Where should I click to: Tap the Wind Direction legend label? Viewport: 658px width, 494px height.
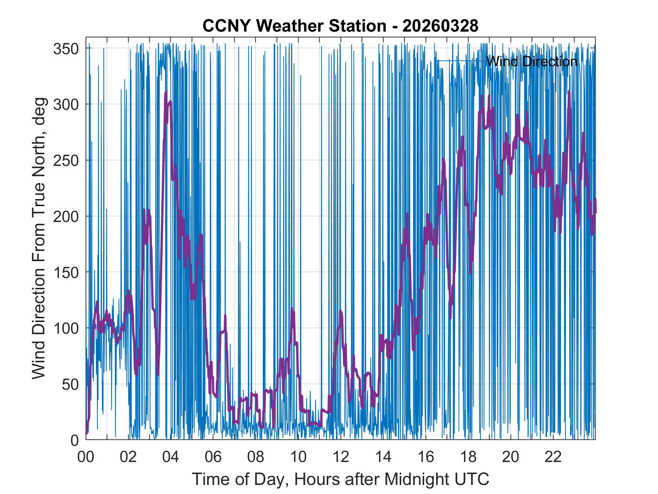[x=532, y=61]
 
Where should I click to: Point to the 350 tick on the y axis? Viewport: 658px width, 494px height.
[x=65, y=49]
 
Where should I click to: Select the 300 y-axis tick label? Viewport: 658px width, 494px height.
[x=65, y=104]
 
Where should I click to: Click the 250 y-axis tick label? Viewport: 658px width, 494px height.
[x=65, y=160]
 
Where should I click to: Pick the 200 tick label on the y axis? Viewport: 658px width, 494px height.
[x=65, y=216]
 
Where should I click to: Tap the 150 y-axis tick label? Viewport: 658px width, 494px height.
[x=65, y=272]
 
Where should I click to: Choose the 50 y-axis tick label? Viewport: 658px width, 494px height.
[x=70, y=384]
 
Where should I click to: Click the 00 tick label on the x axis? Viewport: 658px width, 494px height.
[x=86, y=457]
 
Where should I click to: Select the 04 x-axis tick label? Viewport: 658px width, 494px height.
[x=171, y=457]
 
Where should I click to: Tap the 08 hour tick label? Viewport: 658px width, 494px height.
[x=256, y=457]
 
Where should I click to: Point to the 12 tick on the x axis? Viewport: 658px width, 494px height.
[x=341, y=457]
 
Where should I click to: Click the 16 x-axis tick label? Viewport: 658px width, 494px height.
[x=426, y=457]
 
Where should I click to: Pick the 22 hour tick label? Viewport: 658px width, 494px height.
[x=553, y=457]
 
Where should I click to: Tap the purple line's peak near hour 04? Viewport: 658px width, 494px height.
[x=166, y=93]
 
